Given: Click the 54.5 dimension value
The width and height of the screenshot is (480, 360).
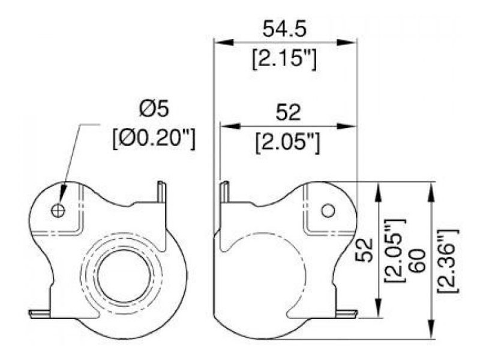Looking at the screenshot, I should coord(284,28).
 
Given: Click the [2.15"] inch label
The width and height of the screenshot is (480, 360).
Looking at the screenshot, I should coord(284,59).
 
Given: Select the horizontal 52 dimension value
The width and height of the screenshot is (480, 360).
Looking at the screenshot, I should coord(287,112).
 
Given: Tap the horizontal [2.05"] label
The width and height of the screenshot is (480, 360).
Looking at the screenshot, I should coord(287,142).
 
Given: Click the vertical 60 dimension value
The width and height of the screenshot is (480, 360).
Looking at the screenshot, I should coord(418,260).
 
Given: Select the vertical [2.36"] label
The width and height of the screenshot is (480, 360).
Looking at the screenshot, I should coord(448,260).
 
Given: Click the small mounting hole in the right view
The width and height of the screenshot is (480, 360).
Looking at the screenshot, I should coord(328,210).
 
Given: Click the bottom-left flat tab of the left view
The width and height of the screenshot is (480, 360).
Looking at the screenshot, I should coord(40,313).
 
